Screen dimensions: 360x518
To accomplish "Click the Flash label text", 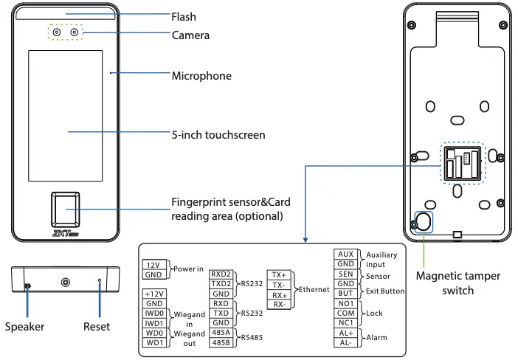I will pos(184,16).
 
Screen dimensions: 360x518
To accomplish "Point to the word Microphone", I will pos(201,76).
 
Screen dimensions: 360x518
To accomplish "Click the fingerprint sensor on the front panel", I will pos(66,211).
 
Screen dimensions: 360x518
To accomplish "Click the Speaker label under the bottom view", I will pos(25,326).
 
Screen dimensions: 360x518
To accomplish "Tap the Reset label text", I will pos(97,326).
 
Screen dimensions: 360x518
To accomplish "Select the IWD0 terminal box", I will pos(155,313).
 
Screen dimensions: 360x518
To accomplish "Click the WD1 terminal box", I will pos(155,342).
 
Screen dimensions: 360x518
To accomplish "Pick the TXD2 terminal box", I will pos(221,283).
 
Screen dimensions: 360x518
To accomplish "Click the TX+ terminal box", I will pos(279,274).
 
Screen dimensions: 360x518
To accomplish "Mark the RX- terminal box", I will pos(279,304).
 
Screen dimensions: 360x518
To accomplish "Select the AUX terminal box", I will pos(346,255).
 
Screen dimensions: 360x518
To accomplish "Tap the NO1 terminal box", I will pos(346,303).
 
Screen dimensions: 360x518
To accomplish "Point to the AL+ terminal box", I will pos(346,333).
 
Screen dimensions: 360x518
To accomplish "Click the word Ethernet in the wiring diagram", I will pos(314,289).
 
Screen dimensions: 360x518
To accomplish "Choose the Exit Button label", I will pos(385,291).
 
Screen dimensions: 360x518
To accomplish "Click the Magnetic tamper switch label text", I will pos(457,283).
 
